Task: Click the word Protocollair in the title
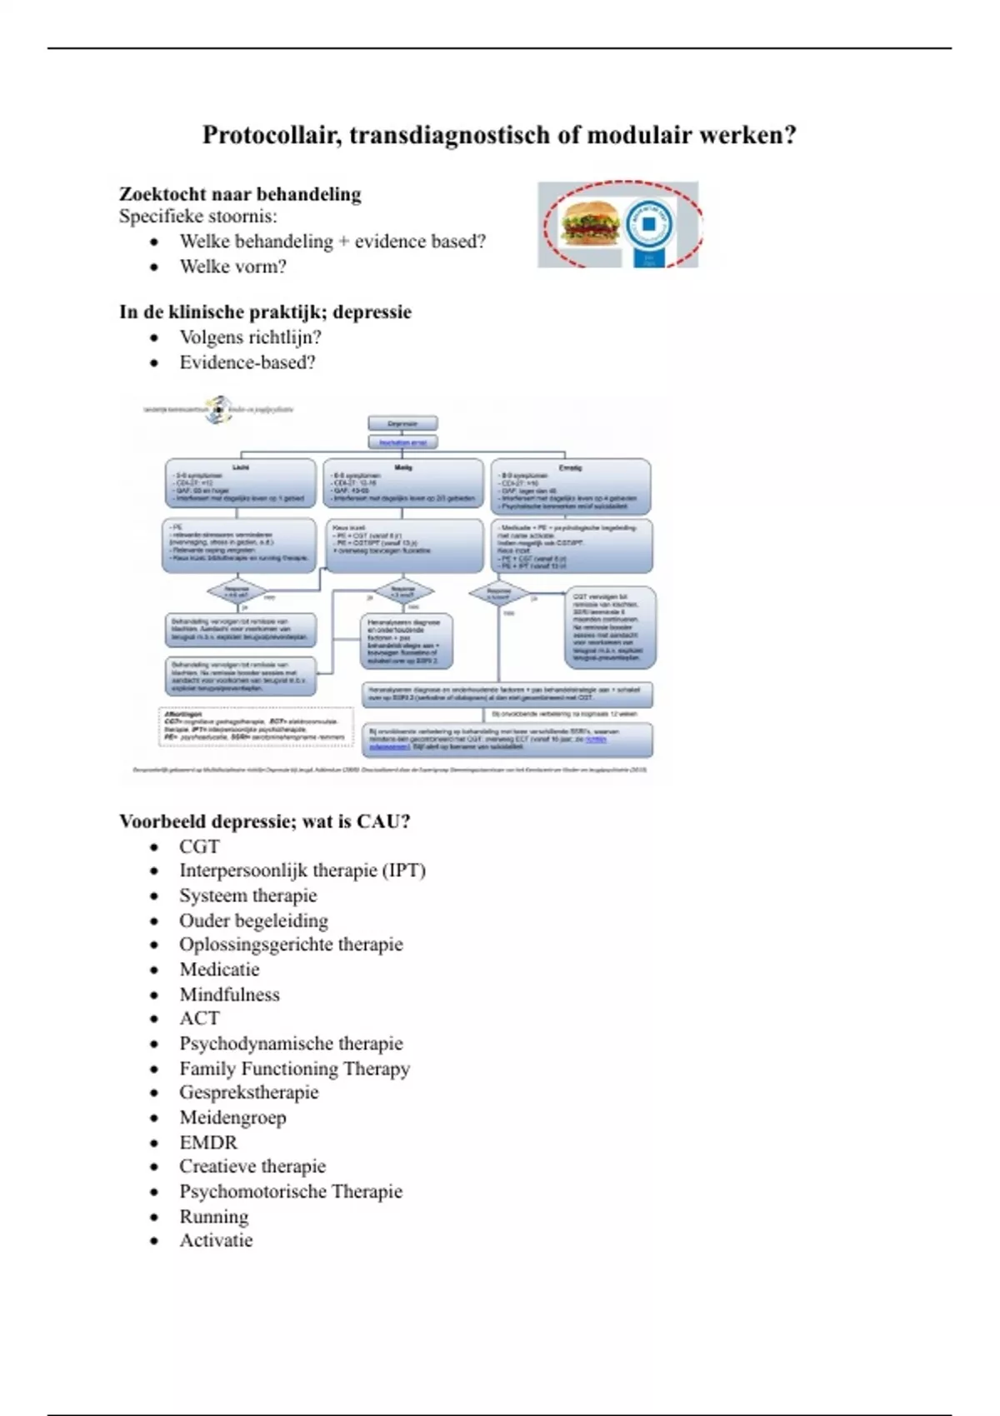pos(270,135)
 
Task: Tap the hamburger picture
pos(590,222)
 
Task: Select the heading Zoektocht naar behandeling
pos(240,194)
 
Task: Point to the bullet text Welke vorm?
pos(232,267)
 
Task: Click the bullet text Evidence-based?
pos(247,362)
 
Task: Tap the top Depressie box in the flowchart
pos(402,424)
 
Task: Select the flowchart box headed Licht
pos(240,483)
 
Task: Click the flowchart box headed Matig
pos(402,483)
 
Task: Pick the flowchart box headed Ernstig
pos(570,486)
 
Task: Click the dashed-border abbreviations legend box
pos(255,726)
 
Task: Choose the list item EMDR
pos(208,1142)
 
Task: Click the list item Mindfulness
pos(229,995)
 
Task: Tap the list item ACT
pos(199,1019)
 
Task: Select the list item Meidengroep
pos(232,1118)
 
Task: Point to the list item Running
pos(214,1217)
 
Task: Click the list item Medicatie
pos(219,970)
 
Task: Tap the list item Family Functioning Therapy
pos(294,1069)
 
